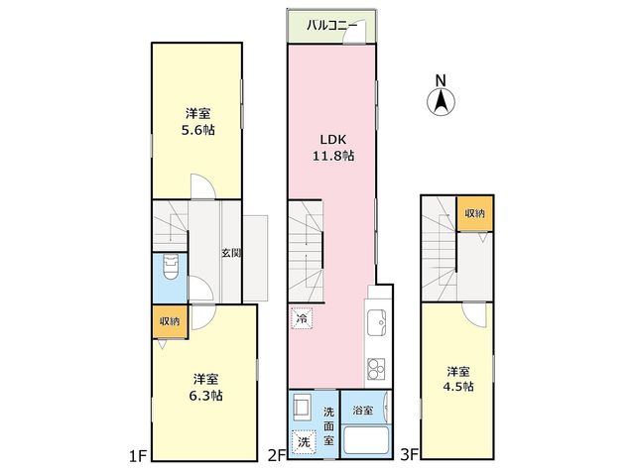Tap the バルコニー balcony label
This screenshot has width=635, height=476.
pos(331,26)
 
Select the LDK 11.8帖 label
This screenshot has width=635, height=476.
pos(333,148)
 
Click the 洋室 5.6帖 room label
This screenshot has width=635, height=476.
pos(197,121)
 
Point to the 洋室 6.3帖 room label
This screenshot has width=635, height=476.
pos(205,388)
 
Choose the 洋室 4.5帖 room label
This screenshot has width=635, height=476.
pos(458,379)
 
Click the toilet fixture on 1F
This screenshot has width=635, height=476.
pos(170,266)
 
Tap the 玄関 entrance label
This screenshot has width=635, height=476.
pos(231,254)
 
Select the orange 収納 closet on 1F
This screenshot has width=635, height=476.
pos(170,321)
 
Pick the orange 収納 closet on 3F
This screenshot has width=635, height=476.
pos(474,213)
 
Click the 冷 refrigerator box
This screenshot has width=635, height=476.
pos(302,318)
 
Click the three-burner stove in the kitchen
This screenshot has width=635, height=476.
pos(376,369)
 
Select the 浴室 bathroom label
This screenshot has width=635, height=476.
pos(362,411)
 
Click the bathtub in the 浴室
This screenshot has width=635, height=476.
pos(366,441)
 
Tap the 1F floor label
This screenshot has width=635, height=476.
pos(138,456)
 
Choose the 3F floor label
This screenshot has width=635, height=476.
pos(409,454)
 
